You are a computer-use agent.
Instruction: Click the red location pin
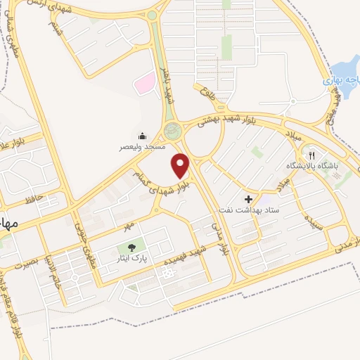click(181, 165)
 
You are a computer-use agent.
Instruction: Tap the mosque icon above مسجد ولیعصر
click(142, 136)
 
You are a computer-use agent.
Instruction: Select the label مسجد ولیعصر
click(141, 148)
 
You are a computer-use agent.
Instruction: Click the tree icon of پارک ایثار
click(131, 247)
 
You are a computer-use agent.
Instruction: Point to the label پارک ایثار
click(131, 258)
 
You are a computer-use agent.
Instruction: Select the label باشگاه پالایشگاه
click(312, 167)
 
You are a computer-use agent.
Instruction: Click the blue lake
click(345, 74)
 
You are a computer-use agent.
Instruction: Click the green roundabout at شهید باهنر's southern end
click(172, 131)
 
